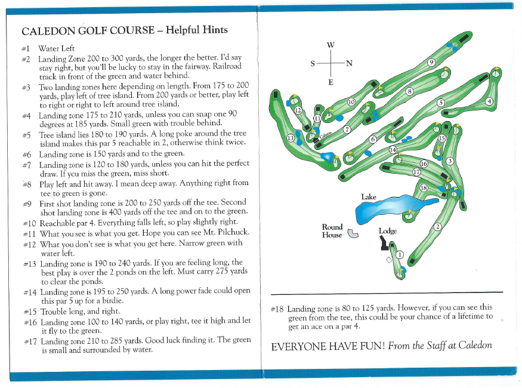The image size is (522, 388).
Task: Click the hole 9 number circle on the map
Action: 431,62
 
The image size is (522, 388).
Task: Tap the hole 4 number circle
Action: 489,101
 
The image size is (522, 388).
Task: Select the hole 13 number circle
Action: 291,138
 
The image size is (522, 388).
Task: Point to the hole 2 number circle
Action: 437,226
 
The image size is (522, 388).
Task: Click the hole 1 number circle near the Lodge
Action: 400,255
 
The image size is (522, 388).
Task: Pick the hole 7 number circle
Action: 347,129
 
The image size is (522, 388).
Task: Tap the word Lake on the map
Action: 369,196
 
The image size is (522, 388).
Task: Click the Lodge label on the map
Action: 387,231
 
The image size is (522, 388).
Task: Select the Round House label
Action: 332,231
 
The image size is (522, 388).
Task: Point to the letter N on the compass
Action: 350,63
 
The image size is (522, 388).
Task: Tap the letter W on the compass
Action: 331,45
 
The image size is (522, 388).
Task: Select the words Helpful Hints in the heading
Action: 196,30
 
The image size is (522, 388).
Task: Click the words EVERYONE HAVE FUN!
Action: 326,347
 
